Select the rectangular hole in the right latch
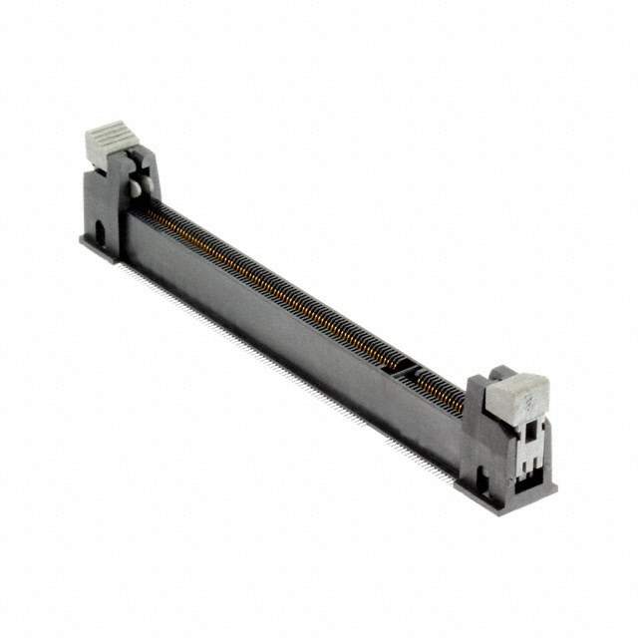pyautogui.click(x=527, y=440)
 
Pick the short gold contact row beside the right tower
pyautogui.click(x=439, y=388)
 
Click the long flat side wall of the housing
pyautogui.click(x=279, y=329)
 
